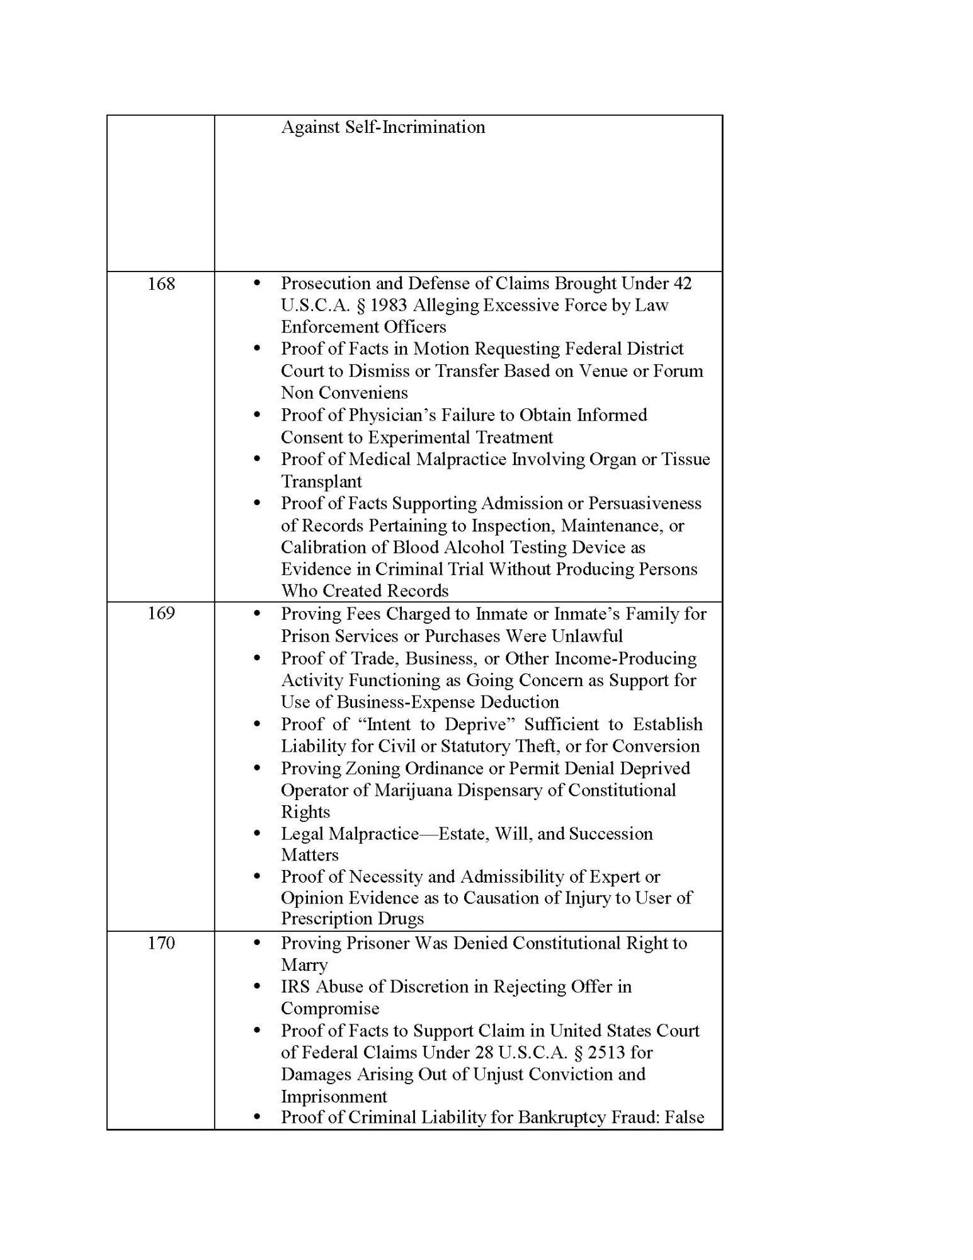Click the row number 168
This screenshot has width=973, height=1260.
point(161,284)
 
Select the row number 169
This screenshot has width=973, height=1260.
point(161,614)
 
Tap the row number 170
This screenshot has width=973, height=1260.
point(161,943)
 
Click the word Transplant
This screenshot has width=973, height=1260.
point(321,482)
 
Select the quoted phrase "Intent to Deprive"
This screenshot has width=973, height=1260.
point(440,724)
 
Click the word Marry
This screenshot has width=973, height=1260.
point(304,965)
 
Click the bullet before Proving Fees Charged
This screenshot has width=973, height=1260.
point(256,613)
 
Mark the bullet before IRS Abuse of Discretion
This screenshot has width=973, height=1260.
point(256,986)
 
